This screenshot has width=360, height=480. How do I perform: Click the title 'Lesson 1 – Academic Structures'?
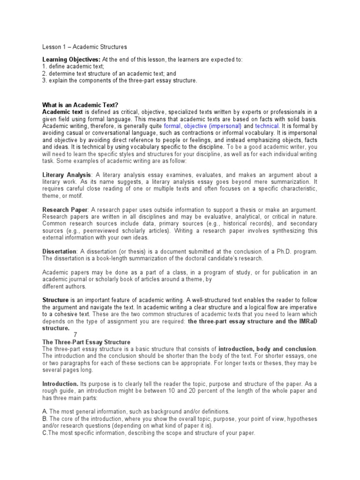tap(84, 47)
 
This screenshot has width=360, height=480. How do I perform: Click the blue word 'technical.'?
tap(268, 126)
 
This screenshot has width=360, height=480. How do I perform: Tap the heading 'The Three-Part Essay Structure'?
tap(86, 342)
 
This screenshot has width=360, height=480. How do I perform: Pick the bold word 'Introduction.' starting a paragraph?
tap(60, 383)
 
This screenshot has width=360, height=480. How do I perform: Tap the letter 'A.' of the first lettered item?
tap(45, 411)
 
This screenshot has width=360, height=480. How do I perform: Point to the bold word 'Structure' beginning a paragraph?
tap(56, 300)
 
